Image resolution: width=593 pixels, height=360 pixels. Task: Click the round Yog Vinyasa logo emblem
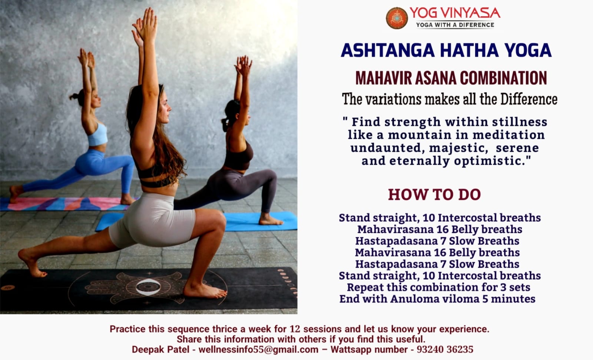tap(397, 18)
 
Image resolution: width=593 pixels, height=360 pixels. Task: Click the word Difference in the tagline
tap(529, 99)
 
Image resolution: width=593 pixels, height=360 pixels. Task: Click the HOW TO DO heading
tap(434, 195)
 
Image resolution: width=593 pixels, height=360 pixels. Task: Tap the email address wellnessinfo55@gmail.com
tap(258, 349)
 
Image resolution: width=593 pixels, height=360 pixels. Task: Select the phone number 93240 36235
tap(445, 349)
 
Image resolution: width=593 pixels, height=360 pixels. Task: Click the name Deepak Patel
tap(160, 349)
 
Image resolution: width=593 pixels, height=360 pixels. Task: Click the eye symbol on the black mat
tap(148, 287)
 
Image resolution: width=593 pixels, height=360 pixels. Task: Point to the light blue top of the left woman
tap(97, 135)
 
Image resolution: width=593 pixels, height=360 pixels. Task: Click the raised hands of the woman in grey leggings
tap(244, 65)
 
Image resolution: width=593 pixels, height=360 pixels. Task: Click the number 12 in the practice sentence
tap(295, 329)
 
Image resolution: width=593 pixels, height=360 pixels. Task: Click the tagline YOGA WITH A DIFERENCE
tap(455, 25)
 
